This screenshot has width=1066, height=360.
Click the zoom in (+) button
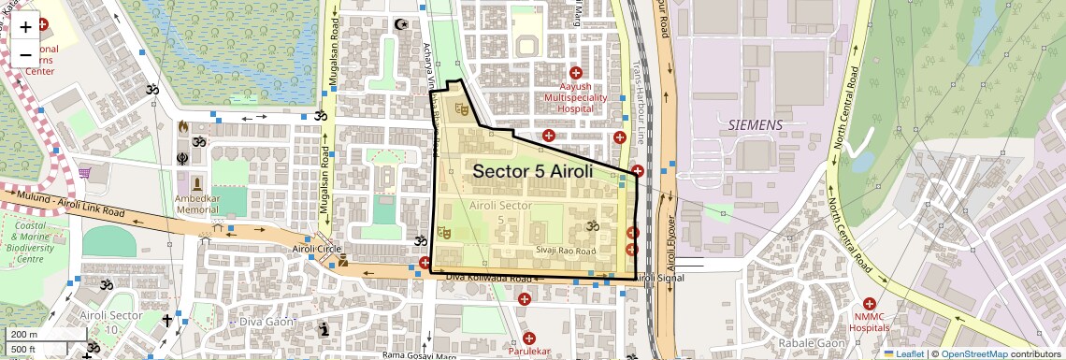pos(25,27)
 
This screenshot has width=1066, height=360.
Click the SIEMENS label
pos(756,124)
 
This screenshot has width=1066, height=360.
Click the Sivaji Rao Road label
pos(566,251)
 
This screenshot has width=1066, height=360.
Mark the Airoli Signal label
pos(659,279)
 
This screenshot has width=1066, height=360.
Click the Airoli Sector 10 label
pos(111,323)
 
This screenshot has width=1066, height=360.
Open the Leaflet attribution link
pos(904,353)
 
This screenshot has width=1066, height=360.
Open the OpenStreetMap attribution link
pos(973,353)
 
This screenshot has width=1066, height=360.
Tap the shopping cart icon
pos(85,172)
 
